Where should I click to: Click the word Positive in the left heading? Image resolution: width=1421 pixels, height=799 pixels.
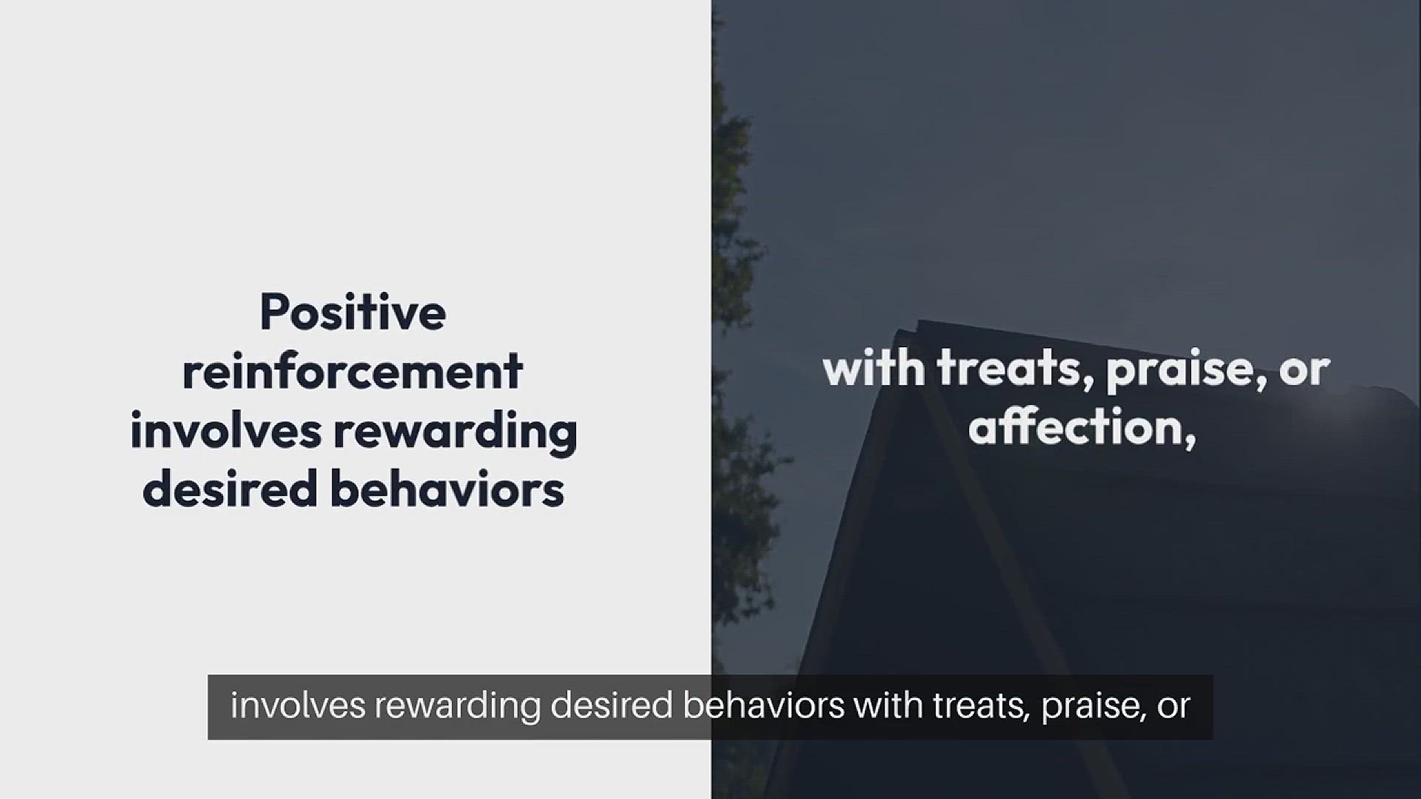coord(353,312)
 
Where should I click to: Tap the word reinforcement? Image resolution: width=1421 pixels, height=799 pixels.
coord(353,371)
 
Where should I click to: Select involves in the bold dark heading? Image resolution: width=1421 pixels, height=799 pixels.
coord(226,431)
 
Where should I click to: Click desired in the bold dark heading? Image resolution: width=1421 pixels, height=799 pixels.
coord(230,489)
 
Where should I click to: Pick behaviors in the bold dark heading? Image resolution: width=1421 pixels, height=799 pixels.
coord(447,489)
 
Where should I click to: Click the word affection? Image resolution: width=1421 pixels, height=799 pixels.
coord(1082,428)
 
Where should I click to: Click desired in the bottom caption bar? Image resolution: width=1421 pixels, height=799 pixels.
coord(612,705)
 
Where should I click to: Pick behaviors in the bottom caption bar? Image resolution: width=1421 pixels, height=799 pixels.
coord(764,705)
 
